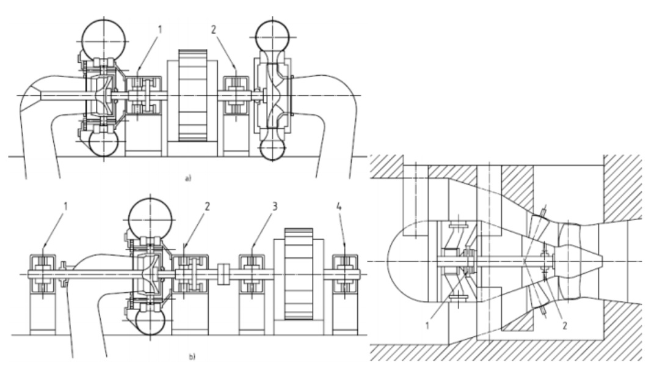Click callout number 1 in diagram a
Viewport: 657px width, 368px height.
pos(159,30)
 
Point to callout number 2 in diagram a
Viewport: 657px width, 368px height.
pos(214,30)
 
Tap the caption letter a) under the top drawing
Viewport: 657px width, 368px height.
pos(187,178)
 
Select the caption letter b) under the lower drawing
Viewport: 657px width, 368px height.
pos(192,356)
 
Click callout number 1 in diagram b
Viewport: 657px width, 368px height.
pos(65,207)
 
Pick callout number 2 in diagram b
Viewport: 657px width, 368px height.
pos(207,207)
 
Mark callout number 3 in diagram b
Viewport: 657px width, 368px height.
pos(275,207)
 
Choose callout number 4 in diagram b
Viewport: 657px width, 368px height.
pos(339,207)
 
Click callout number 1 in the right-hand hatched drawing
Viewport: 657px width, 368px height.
pos(427,325)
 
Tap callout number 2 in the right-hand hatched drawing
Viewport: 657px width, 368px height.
pos(564,325)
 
